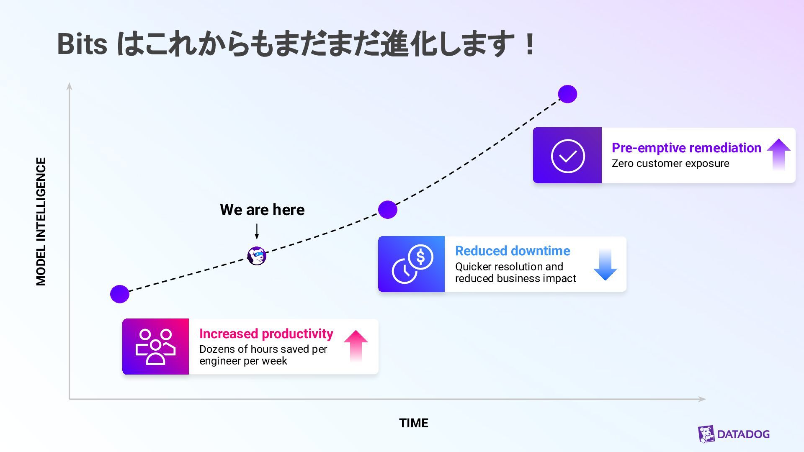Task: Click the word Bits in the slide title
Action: (82, 44)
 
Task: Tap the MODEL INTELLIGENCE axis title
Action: (41, 221)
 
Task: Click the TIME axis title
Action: (413, 423)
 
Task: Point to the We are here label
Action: (262, 210)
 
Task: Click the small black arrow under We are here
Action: (257, 231)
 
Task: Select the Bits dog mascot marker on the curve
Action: (257, 256)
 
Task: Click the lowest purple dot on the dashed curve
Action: (120, 294)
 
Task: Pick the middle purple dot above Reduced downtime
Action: (388, 210)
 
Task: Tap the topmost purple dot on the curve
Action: (567, 94)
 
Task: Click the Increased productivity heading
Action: (266, 334)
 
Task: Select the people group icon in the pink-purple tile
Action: (155, 347)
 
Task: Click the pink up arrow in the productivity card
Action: (356, 346)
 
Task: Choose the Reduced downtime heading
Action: (513, 251)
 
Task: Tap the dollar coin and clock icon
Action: (412, 264)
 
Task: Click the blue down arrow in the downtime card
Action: (605, 265)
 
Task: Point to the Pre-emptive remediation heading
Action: (686, 148)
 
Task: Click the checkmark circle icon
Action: (568, 156)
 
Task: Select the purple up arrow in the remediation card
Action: (778, 154)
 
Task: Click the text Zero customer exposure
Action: (670, 164)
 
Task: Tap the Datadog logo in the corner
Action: (734, 434)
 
